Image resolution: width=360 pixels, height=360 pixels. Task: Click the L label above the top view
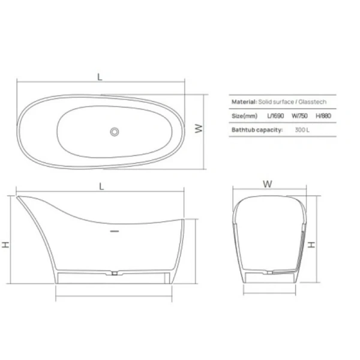(x=100, y=77)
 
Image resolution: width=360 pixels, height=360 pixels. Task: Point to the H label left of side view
(x=5, y=244)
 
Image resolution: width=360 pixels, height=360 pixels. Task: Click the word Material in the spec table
(x=244, y=103)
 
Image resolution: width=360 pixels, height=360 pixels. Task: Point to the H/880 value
(x=323, y=116)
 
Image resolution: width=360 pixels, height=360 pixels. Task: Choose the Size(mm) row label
(x=244, y=116)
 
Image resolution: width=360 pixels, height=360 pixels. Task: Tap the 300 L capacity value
(x=302, y=130)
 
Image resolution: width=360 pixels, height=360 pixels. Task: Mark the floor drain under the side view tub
(x=114, y=274)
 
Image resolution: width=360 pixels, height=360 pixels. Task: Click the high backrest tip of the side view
(x=20, y=197)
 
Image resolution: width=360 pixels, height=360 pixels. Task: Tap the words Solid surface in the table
(x=274, y=103)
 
